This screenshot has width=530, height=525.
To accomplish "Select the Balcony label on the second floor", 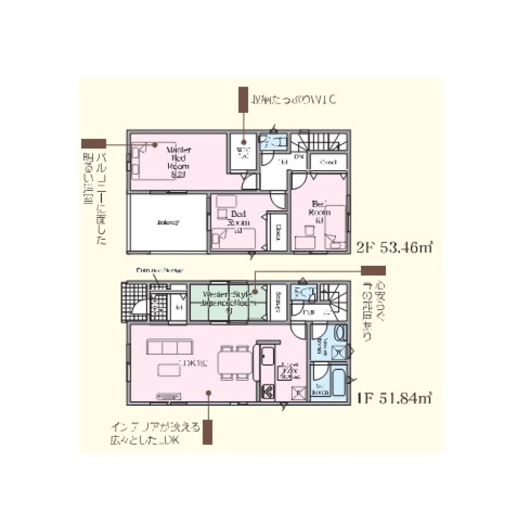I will point(167,223).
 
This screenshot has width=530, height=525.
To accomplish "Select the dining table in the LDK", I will point(236,363).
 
